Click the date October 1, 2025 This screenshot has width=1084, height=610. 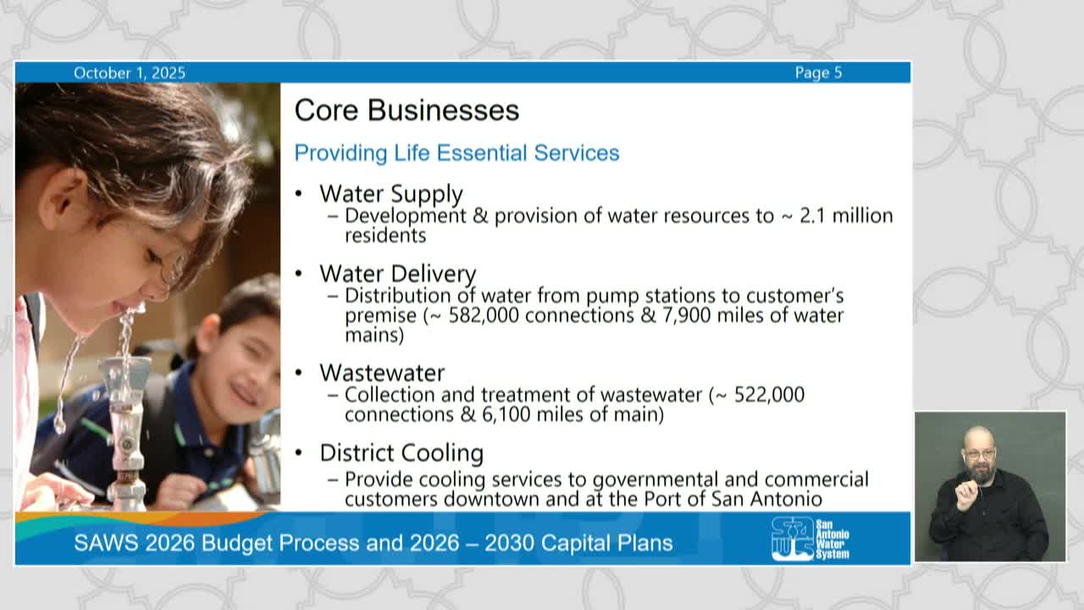click(x=129, y=73)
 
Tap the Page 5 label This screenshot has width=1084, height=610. click(x=818, y=73)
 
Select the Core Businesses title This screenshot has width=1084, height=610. click(x=406, y=110)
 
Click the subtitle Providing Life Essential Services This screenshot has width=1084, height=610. click(x=456, y=153)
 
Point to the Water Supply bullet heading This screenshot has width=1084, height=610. click(x=390, y=193)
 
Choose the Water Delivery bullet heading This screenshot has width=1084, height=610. click(x=397, y=274)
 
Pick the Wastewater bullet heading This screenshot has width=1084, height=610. click(x=381, y=373)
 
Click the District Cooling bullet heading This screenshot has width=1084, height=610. click(x=401, y=452)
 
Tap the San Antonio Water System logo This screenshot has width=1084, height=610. click(x=810, y=539)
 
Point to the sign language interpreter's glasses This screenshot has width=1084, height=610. click(x=979, y=453)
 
